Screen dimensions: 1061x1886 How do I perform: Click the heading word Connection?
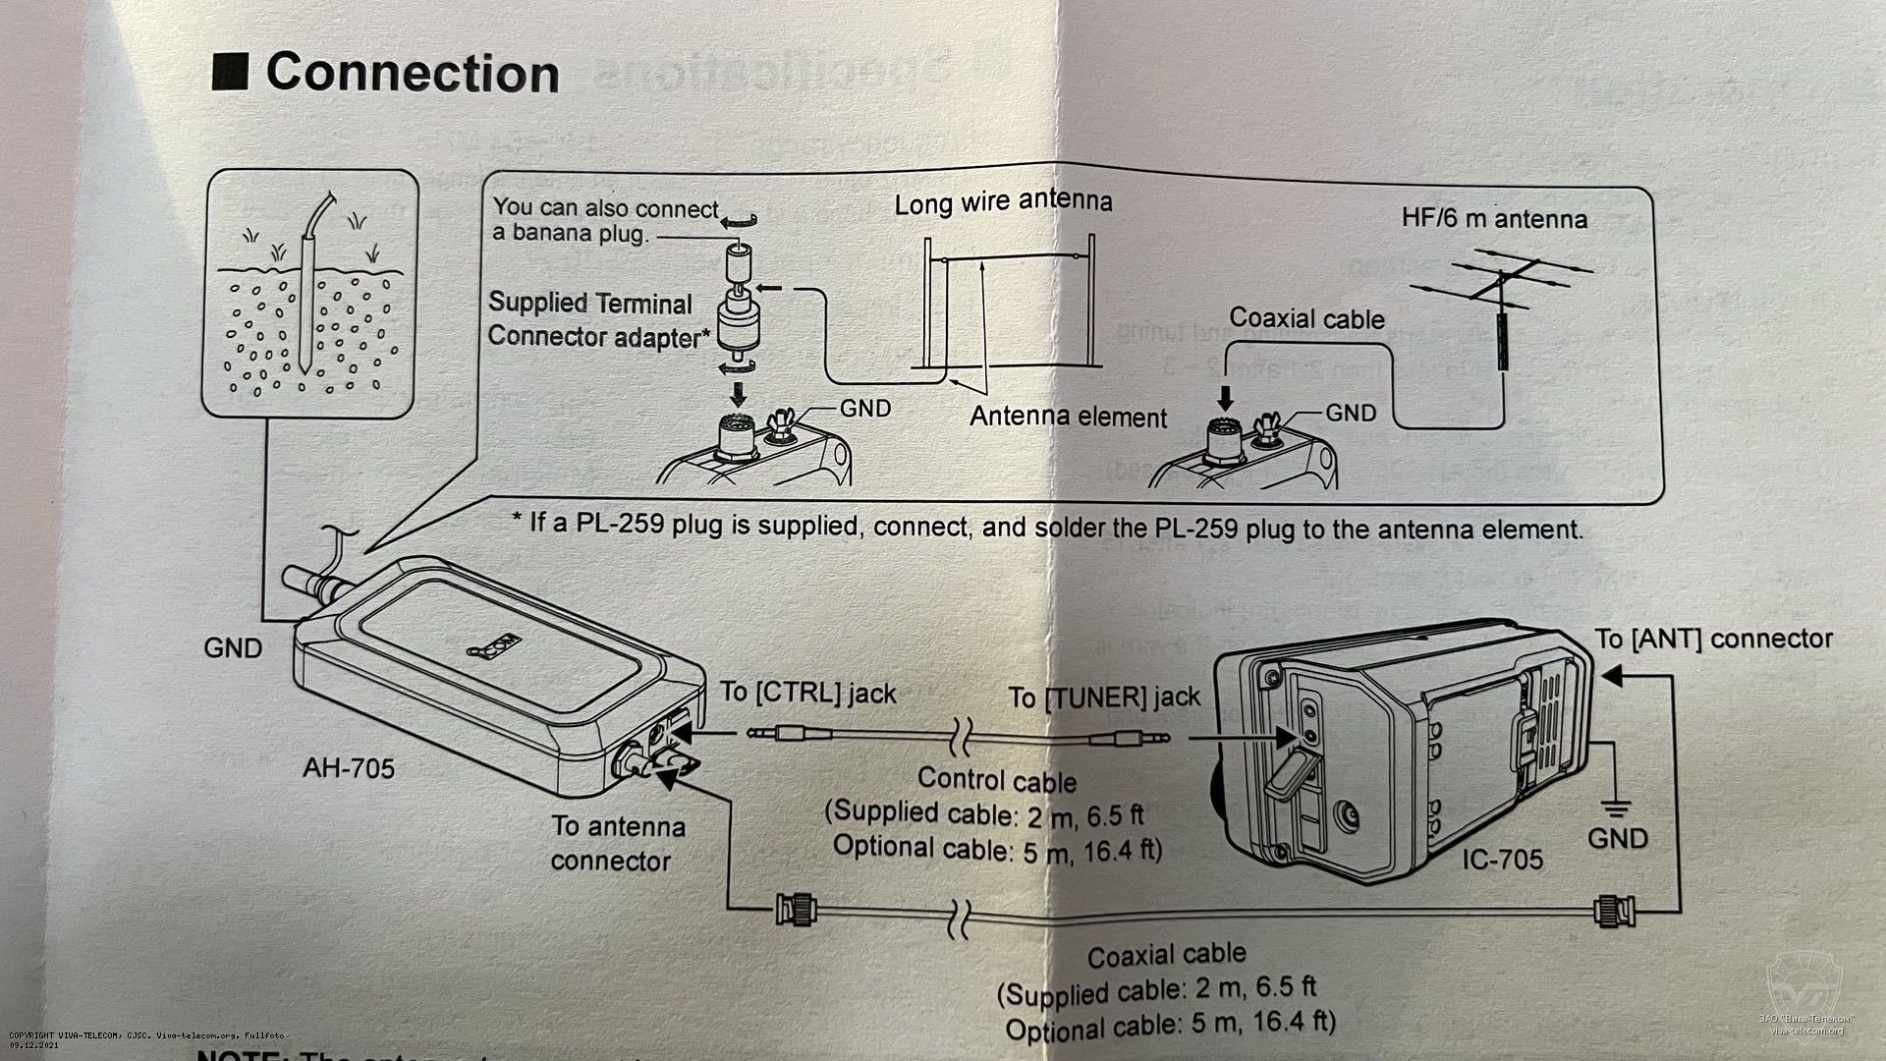[x=412, y=74]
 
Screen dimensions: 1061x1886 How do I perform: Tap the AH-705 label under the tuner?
[x=349, y=766]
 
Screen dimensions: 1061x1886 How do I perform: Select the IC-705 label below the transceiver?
[x=1502, y=859]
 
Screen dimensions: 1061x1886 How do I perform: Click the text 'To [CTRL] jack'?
[x=807, y=693]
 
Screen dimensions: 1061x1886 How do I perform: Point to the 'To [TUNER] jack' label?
[x=1104, y=698]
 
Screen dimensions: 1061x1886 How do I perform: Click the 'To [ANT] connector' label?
[x=1713, y=639]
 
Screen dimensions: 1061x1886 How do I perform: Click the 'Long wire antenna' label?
[x=1003, y=202]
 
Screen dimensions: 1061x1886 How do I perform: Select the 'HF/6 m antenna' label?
[x=1494, y=218]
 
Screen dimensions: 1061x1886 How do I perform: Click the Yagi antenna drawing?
[x=1500, y=295]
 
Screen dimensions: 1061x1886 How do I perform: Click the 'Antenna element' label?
[x=1068, y=417]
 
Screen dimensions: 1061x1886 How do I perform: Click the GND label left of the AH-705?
[x=233, y=648]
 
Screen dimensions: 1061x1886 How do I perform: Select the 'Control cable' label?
[x=996, y=780]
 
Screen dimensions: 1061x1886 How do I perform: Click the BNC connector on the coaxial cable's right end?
[x=1611, y=911]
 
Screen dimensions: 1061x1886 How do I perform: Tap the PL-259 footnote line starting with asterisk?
[x=1047, y=528]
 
